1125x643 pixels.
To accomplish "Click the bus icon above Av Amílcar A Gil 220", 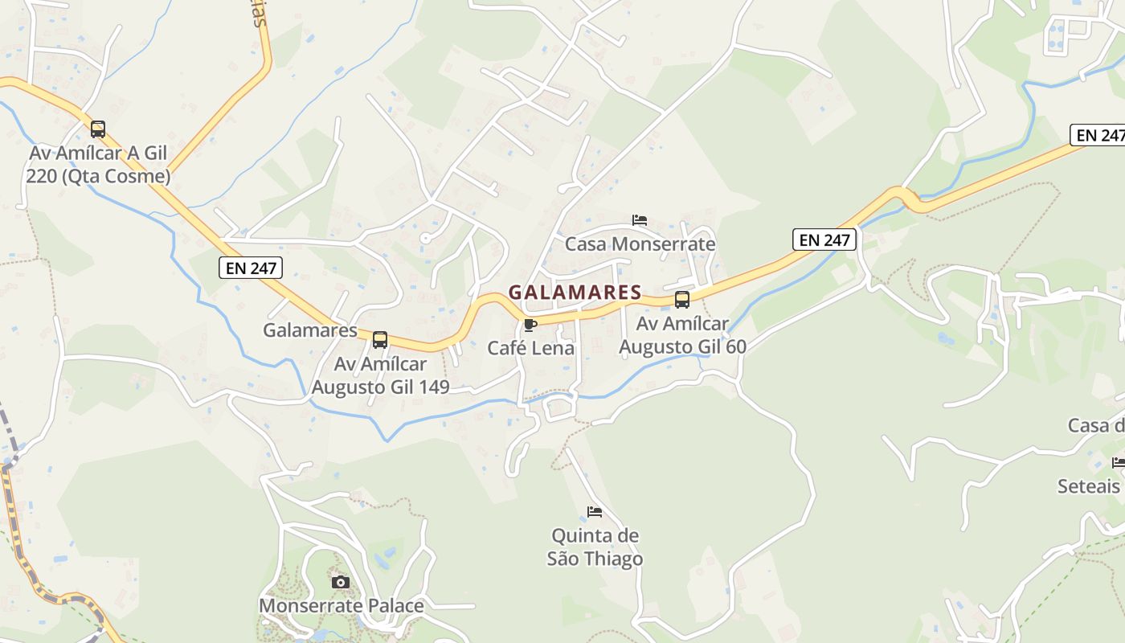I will tap(98, 129).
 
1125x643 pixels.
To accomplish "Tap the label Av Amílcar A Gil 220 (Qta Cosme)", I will tap(99, 165).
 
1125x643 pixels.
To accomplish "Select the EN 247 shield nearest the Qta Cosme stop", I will tap(251, 268).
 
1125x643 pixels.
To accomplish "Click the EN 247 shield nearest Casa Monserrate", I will tap(824, 240).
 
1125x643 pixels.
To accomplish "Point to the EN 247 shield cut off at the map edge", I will tap(1098, 135).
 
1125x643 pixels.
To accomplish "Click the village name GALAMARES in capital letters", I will tap(575, 293).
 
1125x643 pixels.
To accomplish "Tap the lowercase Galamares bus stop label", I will tap(310, 330).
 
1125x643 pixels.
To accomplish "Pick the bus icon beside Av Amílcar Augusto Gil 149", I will tap(380, 340).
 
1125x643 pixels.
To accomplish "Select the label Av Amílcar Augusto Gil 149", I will tap(380, 375).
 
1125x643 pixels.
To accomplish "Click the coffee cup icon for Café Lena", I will tap(530, 325).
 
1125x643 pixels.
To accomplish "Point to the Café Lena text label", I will tap(531, 348).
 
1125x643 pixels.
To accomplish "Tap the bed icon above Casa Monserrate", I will tap(640, 219).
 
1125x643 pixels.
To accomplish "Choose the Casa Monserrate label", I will tap(640, 244).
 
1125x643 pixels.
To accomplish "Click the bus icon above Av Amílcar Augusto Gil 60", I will tap(682, 300).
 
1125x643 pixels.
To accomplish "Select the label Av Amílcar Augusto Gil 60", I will tap(682, 335).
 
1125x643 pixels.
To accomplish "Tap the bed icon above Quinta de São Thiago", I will tap(595, 511).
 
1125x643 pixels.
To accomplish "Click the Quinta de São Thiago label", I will tap(595, 547).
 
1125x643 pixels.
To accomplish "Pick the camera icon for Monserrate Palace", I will tap(341, 582).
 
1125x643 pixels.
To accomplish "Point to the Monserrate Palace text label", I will tap(341, 606).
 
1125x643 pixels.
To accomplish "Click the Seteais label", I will tap(1089, 486).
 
